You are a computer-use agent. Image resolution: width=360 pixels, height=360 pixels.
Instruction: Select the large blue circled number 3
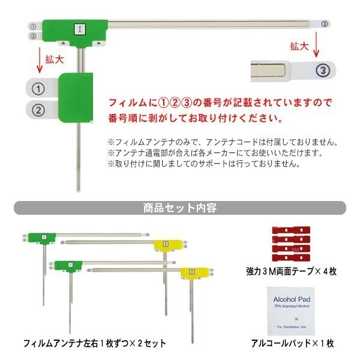click(x=323, y=70)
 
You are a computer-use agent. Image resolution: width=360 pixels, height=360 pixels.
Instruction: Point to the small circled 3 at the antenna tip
click(x=325, y=24)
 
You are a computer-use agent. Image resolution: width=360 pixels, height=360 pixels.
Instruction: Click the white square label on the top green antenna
click(x=79, y=28)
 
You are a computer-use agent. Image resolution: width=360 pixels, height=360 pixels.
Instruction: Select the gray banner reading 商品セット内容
click(x=180, y=208)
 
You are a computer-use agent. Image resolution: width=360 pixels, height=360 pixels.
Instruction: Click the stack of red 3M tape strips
click(x=292, y=241)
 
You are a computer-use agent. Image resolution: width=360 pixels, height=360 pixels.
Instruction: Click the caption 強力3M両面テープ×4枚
click(x=292, y=271)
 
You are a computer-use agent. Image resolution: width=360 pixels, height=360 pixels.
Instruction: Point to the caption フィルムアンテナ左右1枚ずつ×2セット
click(x=94, y=344)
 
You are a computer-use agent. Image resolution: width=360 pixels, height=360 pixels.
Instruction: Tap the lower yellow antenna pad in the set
click(x=191, y=273)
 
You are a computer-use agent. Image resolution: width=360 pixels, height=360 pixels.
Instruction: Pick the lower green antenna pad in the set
click(x=70, y=264)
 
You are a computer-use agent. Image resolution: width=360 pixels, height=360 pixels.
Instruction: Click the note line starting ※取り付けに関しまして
click(x=204, y=163)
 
